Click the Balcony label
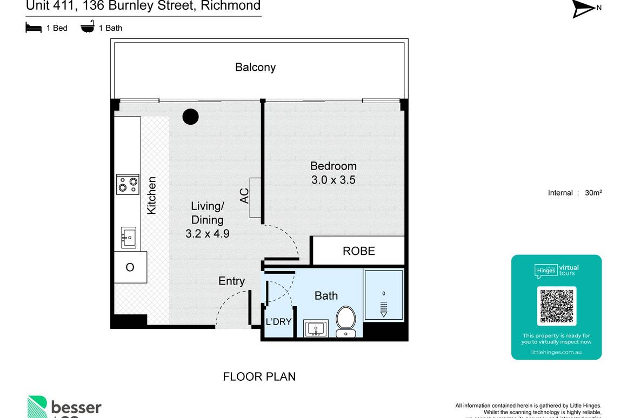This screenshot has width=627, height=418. coord(255,68)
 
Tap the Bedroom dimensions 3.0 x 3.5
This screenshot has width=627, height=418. coord(333,180)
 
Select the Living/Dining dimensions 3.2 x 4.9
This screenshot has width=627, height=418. coord(207,234)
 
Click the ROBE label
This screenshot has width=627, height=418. coord(359,251)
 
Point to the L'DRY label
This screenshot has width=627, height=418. coord(278,322)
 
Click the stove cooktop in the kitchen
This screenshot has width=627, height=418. coord(128,184)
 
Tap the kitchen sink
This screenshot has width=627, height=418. coord(129,237)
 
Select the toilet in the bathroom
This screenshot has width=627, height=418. coord(345,320)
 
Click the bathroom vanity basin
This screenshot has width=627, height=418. coord(316,328)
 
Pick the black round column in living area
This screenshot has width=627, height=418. coord(190,117)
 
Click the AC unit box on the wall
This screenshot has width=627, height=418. coord(256,198)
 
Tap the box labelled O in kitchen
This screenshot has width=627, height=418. coord(130,267)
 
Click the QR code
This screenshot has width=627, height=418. coord(556,306)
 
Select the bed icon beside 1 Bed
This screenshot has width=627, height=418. coord(34,28)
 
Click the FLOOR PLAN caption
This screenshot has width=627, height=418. coord(259,377)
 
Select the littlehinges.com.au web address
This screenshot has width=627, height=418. coord(556,352)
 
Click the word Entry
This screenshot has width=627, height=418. coord(231,281)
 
